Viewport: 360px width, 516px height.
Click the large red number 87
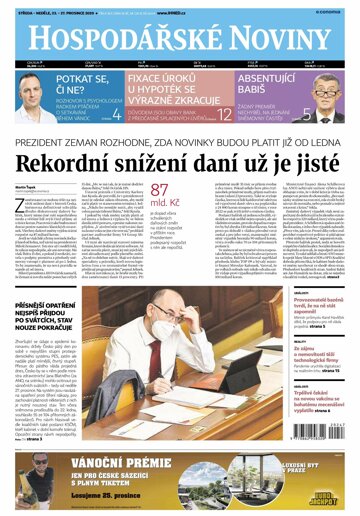coord(160,190)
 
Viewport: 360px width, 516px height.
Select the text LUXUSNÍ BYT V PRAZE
coord(300,468)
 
